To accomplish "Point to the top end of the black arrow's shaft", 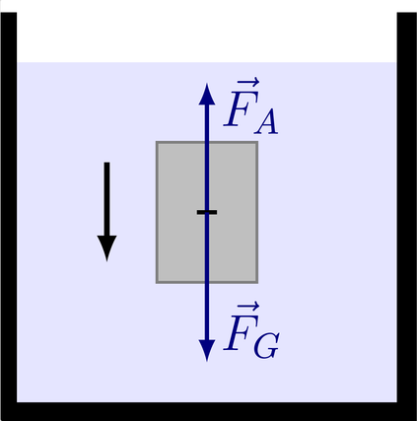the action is pyautogui.click(x=106, y=163).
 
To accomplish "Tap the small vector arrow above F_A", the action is pyautogui.click(x=248, y=82).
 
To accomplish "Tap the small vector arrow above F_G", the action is pyautogui.click(x=248, y=307).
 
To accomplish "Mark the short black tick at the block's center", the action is pyautogui.click(x=207, y=212).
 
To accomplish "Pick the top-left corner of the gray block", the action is pyautogui.click(x=157, y=142).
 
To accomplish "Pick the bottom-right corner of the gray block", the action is pyautogui.click(x=257, y=283).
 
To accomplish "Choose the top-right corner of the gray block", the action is pyautogui.click(x=257, y=142).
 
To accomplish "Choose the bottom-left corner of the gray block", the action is pyautogui.click(x=157, y=283).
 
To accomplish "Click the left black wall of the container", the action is pyautogui.click(x=9, y=207).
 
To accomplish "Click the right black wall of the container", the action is pyautogui.click(x=407, y=207).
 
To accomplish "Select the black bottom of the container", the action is pyautogui.click(x=209, y=411).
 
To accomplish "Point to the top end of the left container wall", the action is pyautogui.click(x=9, y=13).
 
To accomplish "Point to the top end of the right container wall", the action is pyautogui.click(x=407, y=13).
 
